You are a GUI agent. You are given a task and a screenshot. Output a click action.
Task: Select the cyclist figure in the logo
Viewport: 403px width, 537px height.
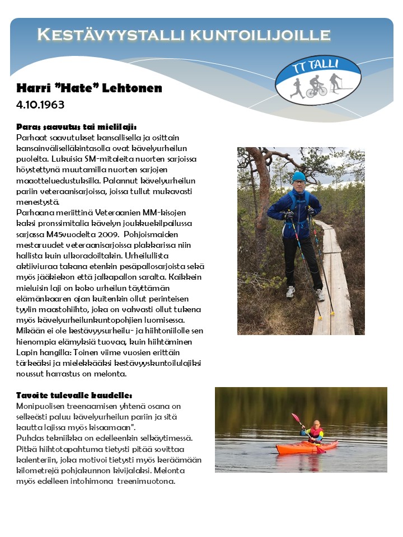coord(317,86)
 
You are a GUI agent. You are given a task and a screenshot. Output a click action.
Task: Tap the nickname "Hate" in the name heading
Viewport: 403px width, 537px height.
coord(81,88)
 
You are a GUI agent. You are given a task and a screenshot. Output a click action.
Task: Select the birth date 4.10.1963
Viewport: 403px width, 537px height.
coord(40,105)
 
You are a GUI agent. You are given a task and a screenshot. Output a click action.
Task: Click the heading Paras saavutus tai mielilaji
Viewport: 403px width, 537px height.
coord(77,126)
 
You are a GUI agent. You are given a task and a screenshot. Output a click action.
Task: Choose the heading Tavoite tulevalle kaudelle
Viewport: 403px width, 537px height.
coord(74,395)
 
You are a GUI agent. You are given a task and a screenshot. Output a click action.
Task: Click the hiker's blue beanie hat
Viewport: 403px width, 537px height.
coord(298,176)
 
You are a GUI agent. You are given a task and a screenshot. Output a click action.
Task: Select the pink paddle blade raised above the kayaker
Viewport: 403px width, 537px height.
coord(295,417)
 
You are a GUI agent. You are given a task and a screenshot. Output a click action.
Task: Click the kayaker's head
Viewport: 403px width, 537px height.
coord(317,424)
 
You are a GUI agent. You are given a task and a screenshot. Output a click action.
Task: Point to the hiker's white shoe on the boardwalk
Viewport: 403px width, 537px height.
coord(290,291)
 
